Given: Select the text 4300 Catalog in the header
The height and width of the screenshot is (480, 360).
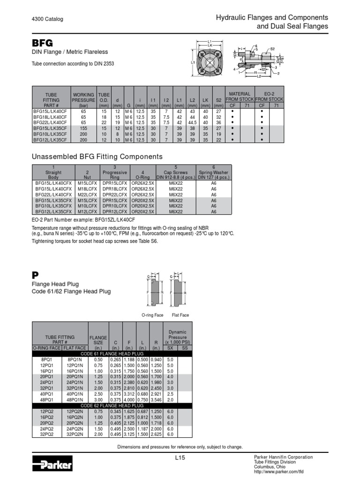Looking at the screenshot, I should point(47,19).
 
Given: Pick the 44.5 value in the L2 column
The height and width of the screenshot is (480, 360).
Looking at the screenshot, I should point(191,122).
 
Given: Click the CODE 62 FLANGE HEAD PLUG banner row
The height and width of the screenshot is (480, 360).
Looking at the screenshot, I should point(112,405).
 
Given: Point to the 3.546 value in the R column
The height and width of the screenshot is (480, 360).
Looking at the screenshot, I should point(157,399).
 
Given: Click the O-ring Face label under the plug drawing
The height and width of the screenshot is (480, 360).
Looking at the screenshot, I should point(152,315).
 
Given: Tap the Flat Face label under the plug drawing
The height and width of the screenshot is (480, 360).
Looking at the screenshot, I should point(180,315).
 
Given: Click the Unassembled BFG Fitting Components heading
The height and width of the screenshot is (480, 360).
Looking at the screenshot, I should point(97,157).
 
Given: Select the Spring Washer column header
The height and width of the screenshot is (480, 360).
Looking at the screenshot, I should point(213,174).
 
